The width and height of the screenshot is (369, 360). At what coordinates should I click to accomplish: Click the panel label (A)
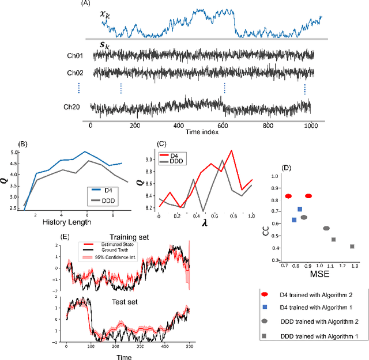pos(86,4)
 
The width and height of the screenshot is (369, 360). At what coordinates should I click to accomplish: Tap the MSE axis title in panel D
pos(318,276)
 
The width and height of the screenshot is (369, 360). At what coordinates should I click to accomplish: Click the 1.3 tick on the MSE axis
pos(353,267)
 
